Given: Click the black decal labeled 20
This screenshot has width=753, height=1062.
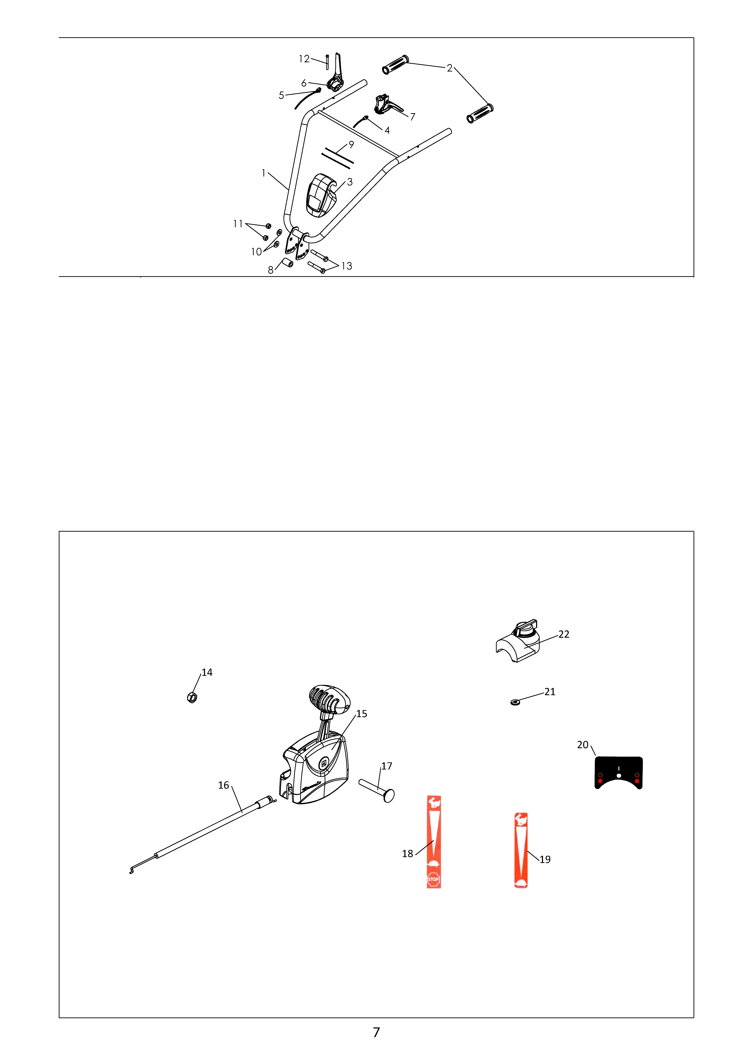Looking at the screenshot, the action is pyautogui.click(x=618, y=772).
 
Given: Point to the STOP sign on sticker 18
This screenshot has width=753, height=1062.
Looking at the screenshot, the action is pyautogui.click(x=433, y=879).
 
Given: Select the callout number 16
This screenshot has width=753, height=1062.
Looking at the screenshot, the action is pyautogui.click(x=223, y=785).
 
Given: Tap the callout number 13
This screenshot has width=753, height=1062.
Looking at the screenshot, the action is pyautogui.click(x=347, y=266).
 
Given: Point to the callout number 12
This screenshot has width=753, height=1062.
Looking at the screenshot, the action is pyautogui.click(x=304, y=59).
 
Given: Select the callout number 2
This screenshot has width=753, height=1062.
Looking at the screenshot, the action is pyautogui.click(x=449, y=68).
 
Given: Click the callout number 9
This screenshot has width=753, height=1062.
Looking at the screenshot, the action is pyautogui.click(x=351, y=145).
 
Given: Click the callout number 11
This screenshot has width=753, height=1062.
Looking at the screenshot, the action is pyautogui.click(x=238, y=224).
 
